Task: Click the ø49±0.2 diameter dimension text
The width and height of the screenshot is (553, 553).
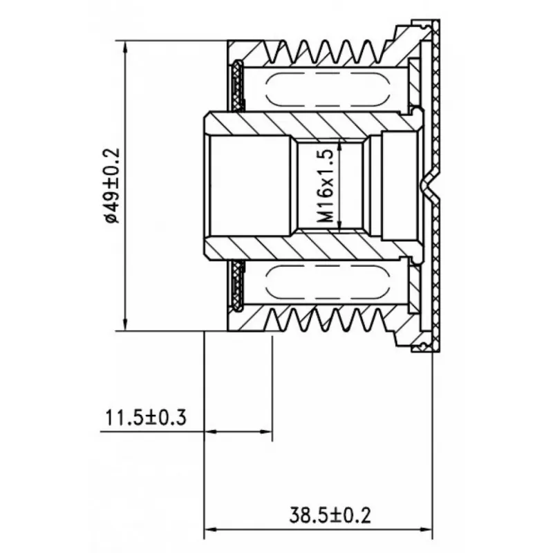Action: click(x=113, y=186)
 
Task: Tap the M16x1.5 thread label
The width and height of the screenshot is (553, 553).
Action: click(x=325, y=186)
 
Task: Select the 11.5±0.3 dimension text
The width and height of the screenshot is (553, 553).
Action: click(x=146, y=418)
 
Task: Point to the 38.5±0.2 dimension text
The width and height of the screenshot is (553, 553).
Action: click(x=330, y=515)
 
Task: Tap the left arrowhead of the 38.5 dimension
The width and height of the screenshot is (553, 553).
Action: click(x=211, y=529)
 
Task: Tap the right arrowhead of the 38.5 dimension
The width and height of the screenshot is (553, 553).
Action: click(x=425, y=529)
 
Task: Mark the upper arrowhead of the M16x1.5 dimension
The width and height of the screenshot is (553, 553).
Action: click(x=339, y=144)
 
